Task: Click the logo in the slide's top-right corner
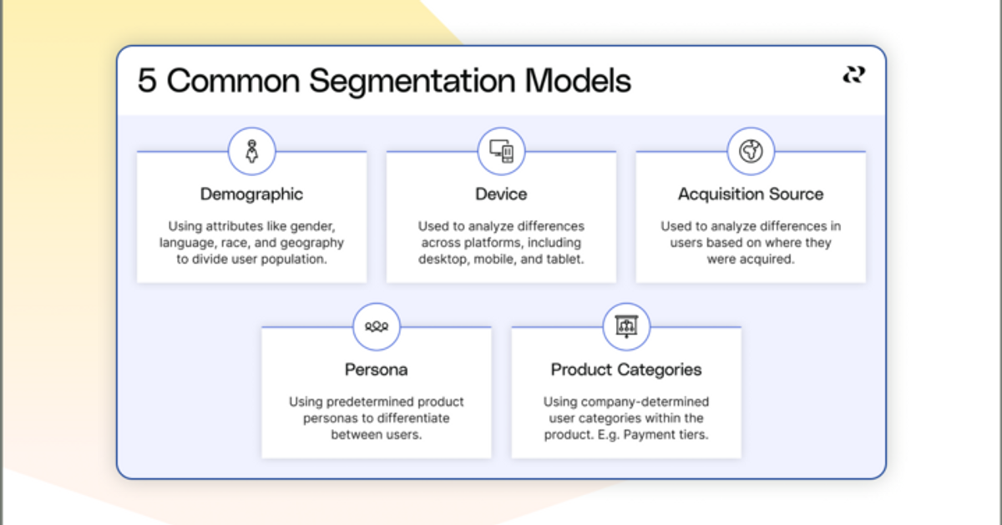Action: click(x=854, y=74)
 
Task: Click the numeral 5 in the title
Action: click(x=147, y=81)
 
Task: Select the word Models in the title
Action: click(x=578, y=81)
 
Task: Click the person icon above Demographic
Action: click(x=252, y=151)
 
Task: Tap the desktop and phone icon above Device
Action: click(x=502, y=151)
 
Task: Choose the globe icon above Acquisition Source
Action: click(x=751, y=151)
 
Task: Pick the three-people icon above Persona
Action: click(x=377, y=327)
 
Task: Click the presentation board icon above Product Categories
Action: click(x=626, y=326)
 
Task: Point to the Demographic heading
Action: click(x=252, y=194)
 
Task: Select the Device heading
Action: click(x=502, y=194)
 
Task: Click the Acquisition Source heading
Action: click(x=751, y=194)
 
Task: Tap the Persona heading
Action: click(x=377, y=370)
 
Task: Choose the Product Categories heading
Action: click(x=626, y=371)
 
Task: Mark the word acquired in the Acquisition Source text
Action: click(x=772, y=260)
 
